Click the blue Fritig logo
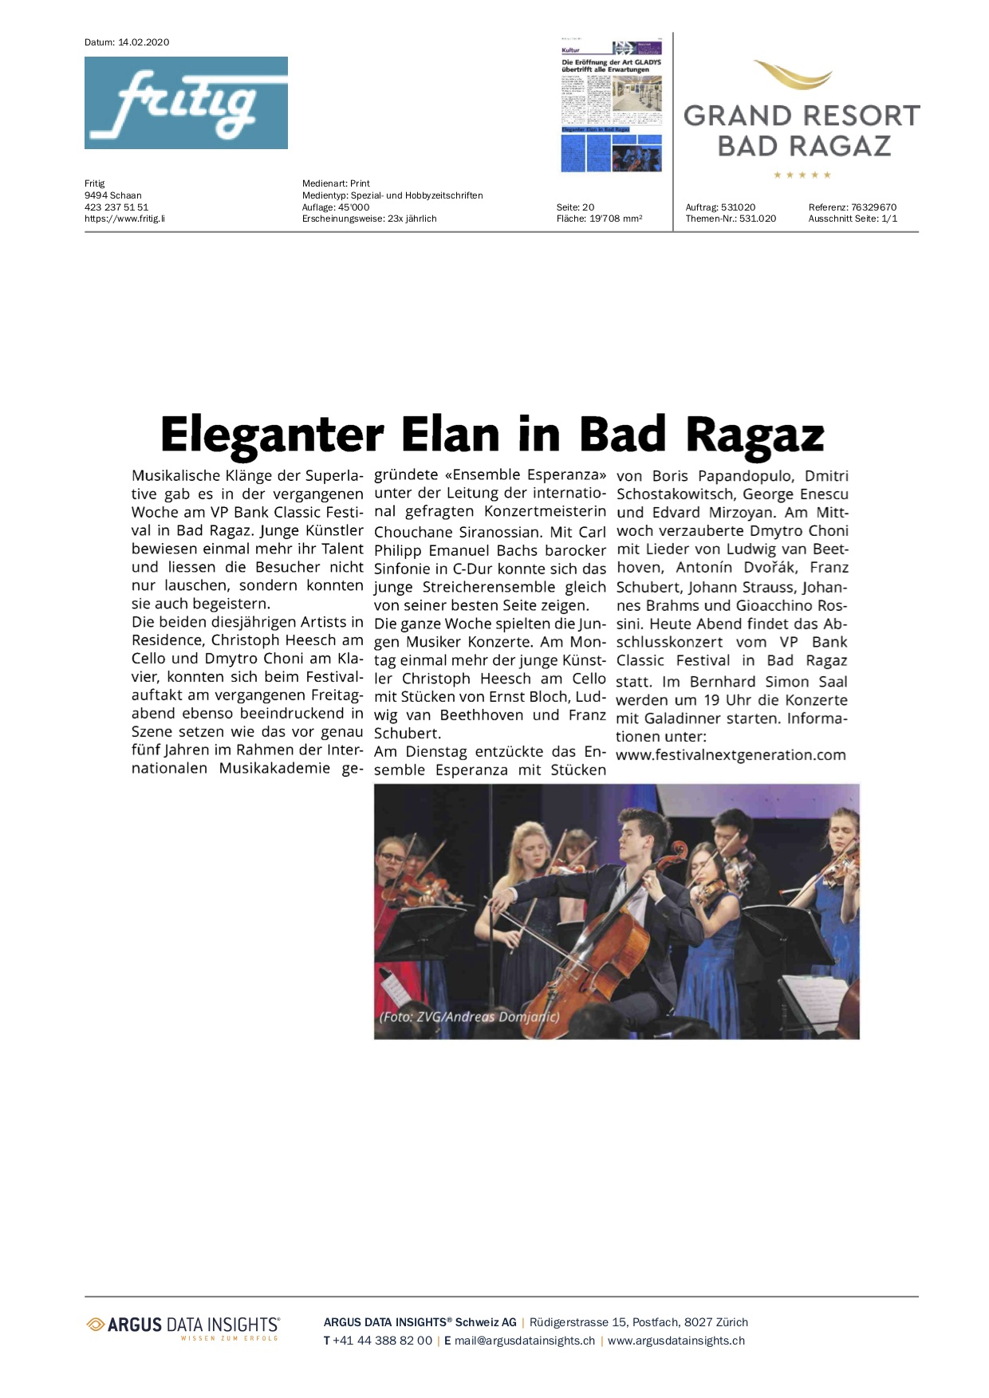pos(186,103)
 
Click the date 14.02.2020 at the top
pos(144,42)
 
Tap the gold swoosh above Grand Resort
pos(793,75)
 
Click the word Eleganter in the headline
pos(272,435)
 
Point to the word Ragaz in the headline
pos(755,435)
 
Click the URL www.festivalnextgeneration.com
pos(731,755)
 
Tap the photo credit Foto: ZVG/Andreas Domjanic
pos(469,1017)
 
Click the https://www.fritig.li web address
pos(125,219)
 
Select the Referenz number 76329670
pos(873,207)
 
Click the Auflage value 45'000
pos(353,207)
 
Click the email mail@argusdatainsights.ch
pos(524,1341)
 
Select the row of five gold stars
pos(802,175)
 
